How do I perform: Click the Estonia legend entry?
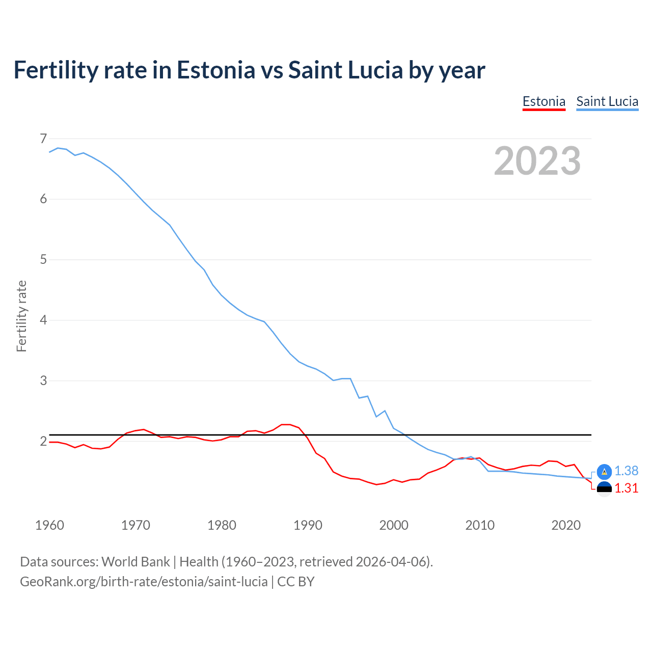(x=544, y=101)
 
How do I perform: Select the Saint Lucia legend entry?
(x=607, y=101)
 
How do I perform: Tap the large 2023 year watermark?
(x=537, y=161)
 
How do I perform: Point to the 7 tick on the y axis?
(x=43, y=139)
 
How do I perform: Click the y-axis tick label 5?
(x=43, y=260)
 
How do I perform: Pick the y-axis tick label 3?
(x=43, y=381)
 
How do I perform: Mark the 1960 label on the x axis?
(x=49, y=525)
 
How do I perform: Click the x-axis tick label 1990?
(x=308, y=525)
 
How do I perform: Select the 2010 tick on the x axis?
(x=480, y=525)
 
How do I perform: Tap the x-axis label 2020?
(x=566, y=525)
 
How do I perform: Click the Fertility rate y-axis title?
(x=21, y=316)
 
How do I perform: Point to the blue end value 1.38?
(x=626, y=471)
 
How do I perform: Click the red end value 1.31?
(x=626, y=488)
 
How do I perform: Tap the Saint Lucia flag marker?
(x=604, y=472)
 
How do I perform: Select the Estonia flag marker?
(x=604, y=489)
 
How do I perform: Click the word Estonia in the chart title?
(x=215, y=70)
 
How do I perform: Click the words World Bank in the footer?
(x=135, y=562)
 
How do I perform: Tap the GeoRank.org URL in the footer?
(x=144, y=582)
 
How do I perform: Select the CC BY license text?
(x=296, y=582)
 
